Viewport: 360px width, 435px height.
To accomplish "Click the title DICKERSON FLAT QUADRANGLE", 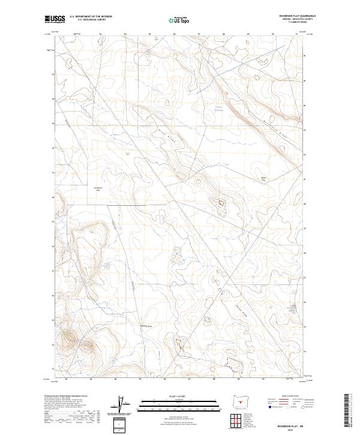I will tap(288, 16).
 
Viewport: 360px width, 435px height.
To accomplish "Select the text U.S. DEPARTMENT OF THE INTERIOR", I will tap(91, 16).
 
